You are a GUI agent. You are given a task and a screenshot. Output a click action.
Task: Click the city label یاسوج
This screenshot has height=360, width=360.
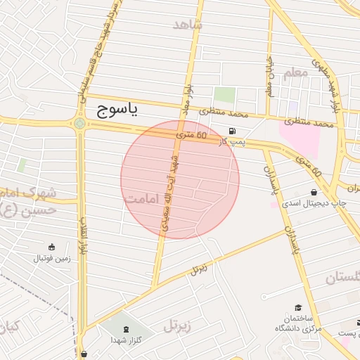point(115,109)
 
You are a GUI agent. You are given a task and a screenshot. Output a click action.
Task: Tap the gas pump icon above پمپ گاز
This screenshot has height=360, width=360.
point(232,131)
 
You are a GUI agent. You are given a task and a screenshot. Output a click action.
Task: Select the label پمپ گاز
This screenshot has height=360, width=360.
point(232,143)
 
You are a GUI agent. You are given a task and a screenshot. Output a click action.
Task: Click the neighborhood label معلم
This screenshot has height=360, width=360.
point(295,72)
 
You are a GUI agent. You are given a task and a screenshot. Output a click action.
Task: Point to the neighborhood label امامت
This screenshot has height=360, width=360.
point(145,200)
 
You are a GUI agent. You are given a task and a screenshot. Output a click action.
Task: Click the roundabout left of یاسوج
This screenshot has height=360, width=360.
point(79,124)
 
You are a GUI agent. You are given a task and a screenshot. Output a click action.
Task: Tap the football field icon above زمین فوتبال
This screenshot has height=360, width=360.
point(51,247)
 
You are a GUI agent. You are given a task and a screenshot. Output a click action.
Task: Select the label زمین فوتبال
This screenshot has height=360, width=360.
point(51,258)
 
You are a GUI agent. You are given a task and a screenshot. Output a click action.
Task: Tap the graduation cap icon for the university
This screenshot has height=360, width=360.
point(298,308)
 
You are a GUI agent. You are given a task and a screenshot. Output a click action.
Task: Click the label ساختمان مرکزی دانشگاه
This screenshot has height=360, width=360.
point(298,323)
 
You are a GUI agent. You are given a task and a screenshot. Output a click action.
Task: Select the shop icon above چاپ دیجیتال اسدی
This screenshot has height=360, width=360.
point(313,192)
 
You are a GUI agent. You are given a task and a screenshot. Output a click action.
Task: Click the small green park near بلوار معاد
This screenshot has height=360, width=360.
point(224,94)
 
